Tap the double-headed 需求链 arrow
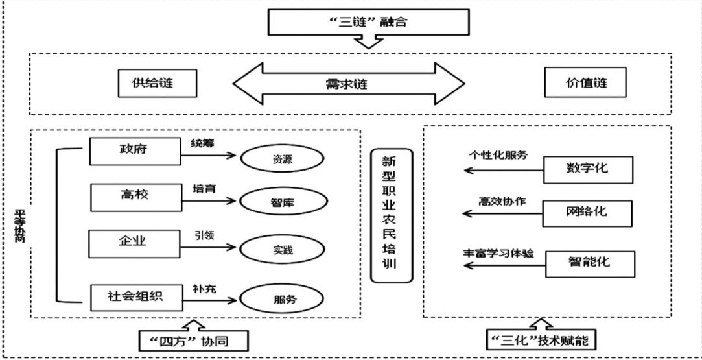point(349,84)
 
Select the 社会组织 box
point(134,296)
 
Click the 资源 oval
point(281,158)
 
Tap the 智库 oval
point(281,202)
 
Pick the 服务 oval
point(281,300)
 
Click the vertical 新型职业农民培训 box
point(392,215)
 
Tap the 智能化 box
point(589,263)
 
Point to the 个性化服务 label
point(498,156)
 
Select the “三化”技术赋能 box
point(542,339)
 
